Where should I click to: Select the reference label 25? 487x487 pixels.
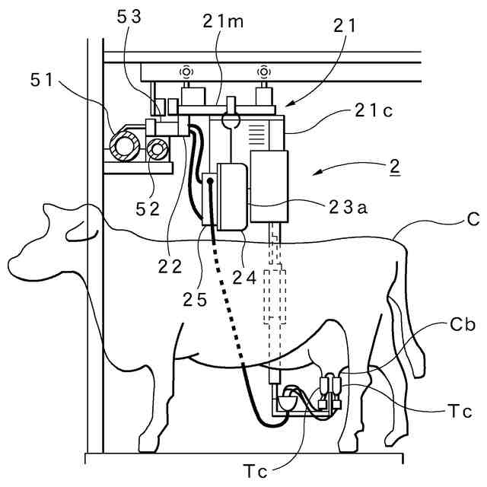[195, 299]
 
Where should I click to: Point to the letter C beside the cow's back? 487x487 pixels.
[473, 221]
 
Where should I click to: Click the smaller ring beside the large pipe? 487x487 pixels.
[159, 150]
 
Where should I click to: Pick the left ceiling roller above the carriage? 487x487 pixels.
[185, 73]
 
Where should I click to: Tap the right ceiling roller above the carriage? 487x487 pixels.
[263, 73]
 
